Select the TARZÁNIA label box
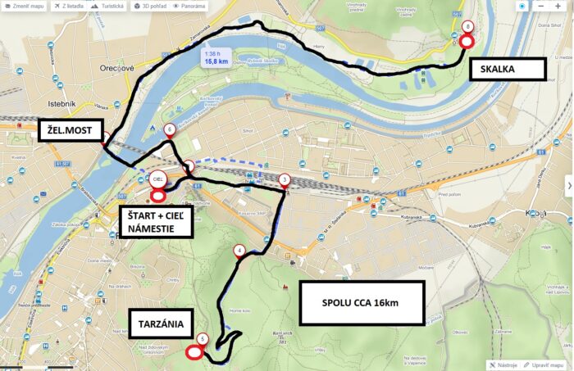[x=161, y=323]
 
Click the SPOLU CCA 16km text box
[x=361, y=304]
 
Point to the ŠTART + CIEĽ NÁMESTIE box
[x=156, y=222]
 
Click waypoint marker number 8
[x=467, y=27]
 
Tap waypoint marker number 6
[x=169, y=129]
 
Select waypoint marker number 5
[x=202, y=337]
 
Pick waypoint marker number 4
[x=239, y=251]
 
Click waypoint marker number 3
[x=284, y=180]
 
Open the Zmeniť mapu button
[x=25, y=6]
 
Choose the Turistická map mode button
[x=109, y=6]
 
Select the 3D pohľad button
[x=150, y=6]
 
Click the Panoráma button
[x=189, y=6]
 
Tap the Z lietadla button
[x=68, y=6]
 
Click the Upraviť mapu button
[x=542, y=364]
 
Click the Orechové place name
[x=116, y=69]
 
